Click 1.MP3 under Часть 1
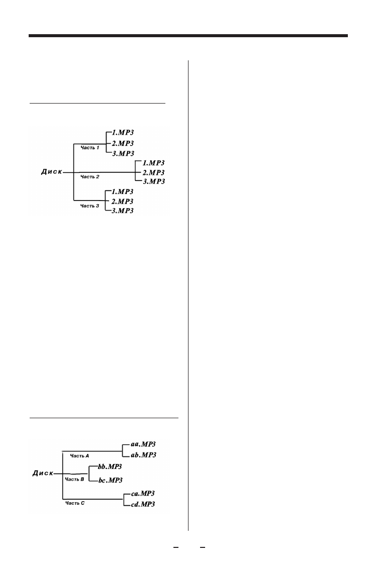click(x=124, y=133)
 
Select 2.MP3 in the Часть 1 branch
click(x=124, y=143)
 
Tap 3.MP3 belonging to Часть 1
click(x=124, y=153)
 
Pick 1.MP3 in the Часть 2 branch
click(x=154, y=162)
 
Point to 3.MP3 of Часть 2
click(x=154, y=181)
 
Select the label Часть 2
click(x=90, y=176)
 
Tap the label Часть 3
click(x=90, y=206)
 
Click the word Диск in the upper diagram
click(x=52, y=172)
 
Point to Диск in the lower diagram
click(x=43, y=473)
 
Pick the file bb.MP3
click(x=110, y=467)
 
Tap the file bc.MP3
click(x=110, y=480)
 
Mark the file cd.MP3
click(x=143, y=504)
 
